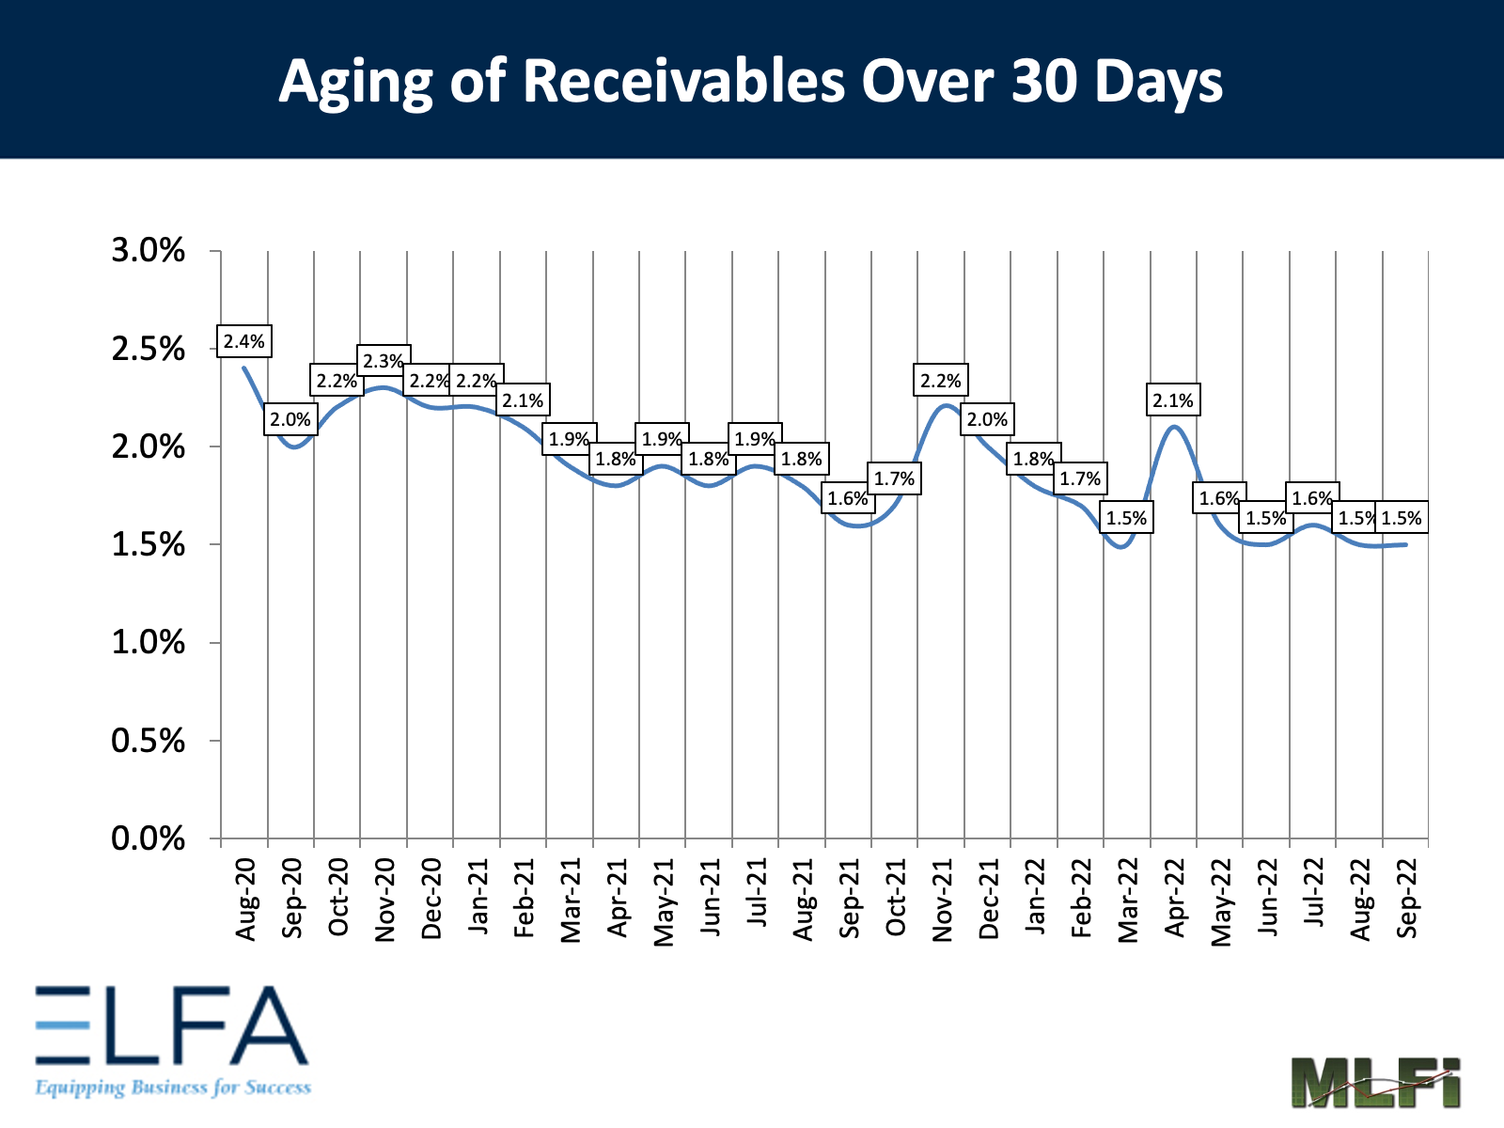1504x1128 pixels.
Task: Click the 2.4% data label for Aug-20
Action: pos(244,342)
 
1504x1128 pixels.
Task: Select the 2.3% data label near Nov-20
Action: pos(384,361)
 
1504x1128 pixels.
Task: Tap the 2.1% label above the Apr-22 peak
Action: pos(1173,400)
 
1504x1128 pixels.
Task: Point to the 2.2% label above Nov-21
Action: pos(941,381)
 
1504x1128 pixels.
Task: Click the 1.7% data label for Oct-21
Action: pos(894,478)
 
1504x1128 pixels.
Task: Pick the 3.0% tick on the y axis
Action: pos(149,251)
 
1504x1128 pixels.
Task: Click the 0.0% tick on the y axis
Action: pos(149,838)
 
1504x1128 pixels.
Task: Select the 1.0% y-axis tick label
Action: pos(149,643)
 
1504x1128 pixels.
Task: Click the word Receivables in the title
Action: pos(683,81)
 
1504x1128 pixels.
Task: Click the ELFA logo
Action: pos(171,1026)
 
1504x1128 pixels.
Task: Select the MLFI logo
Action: pos(1375,1082)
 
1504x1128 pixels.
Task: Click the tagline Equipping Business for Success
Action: pos(173,1088)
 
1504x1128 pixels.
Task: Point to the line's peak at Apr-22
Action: pos(1174,427)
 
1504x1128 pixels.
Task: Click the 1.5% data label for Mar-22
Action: pos(1126,518)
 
